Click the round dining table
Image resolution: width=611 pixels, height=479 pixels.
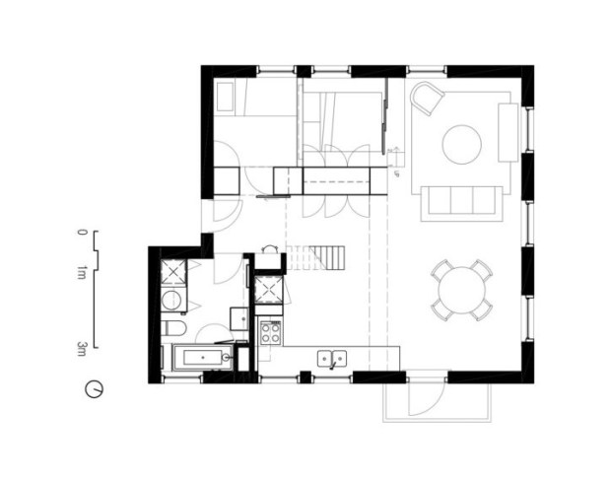(460, 291)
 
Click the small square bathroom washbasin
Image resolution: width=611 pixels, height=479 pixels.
(238, 317)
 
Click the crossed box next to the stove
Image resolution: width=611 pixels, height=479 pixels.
(268, 290)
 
